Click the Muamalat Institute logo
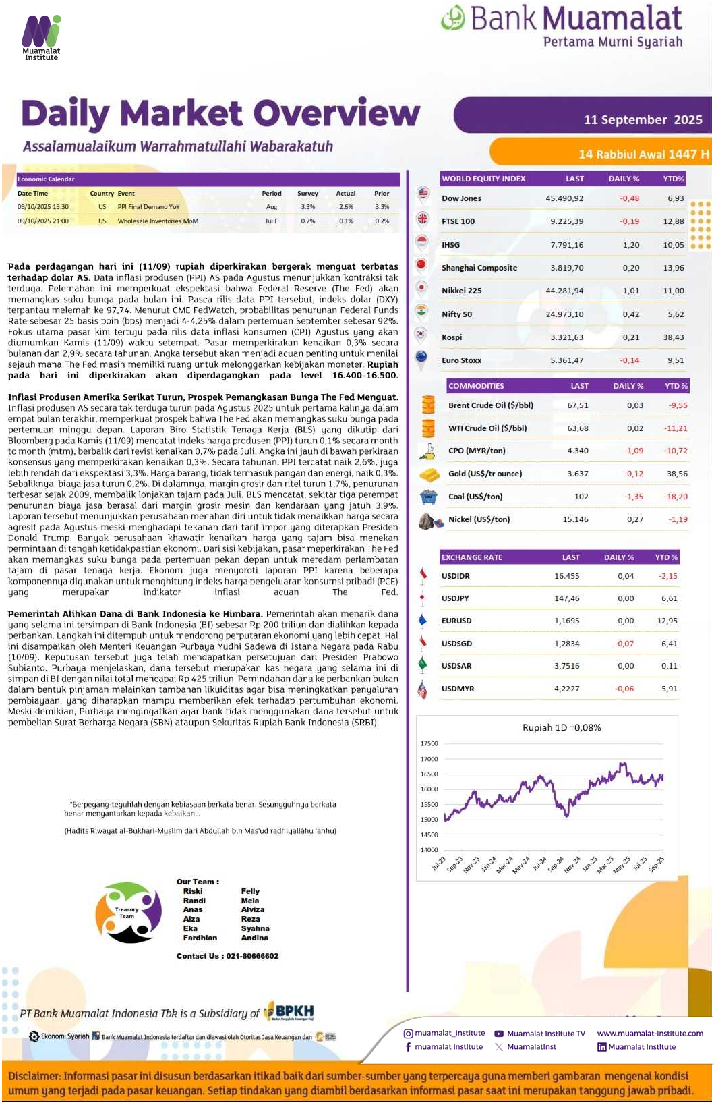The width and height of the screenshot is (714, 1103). click(x=41, y=36)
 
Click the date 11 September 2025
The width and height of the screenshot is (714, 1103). click(x=643, y=119)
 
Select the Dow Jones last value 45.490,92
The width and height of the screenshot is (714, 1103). click(x=564, y=198)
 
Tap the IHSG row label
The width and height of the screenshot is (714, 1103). click(x=450, y=245)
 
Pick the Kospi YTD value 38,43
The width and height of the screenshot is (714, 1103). click(x=673, y=337)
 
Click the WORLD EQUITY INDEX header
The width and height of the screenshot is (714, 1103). click(x=483, y=179)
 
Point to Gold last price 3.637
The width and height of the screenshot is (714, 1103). click(x=577, y=474)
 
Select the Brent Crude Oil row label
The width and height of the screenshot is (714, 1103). click(x=490, y=405)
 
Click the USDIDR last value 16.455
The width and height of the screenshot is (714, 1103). click(x=566, y=576)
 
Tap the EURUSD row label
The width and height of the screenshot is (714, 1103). click(x=456, y=621)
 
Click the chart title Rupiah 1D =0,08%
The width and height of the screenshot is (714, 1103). click(x=562, y=727)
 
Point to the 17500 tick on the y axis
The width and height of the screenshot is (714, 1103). click(x=429, y=743)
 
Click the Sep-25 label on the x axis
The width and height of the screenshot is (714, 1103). click(x=655, y=864)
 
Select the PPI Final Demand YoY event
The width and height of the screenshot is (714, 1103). click(x=148, y=207)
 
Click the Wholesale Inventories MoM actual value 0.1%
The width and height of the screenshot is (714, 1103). click(x=346, y=221)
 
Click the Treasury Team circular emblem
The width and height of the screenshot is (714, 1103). click(x=128, y=912)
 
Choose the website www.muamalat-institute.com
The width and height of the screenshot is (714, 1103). click(x=649, y=1033)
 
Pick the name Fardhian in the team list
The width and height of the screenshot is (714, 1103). click(x=200, y=938)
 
